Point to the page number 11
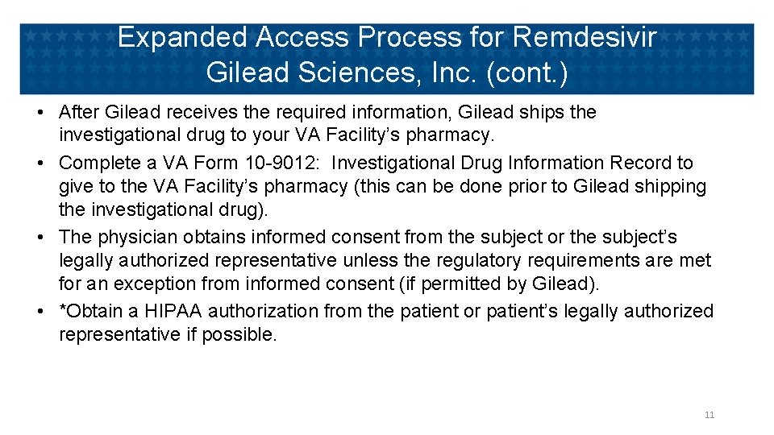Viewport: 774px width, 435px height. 709,415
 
